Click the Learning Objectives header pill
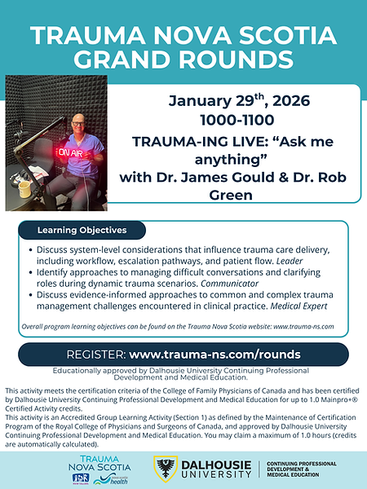pos(82,230)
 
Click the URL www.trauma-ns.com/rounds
pos(214,355)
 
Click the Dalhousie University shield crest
pos(164,468)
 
